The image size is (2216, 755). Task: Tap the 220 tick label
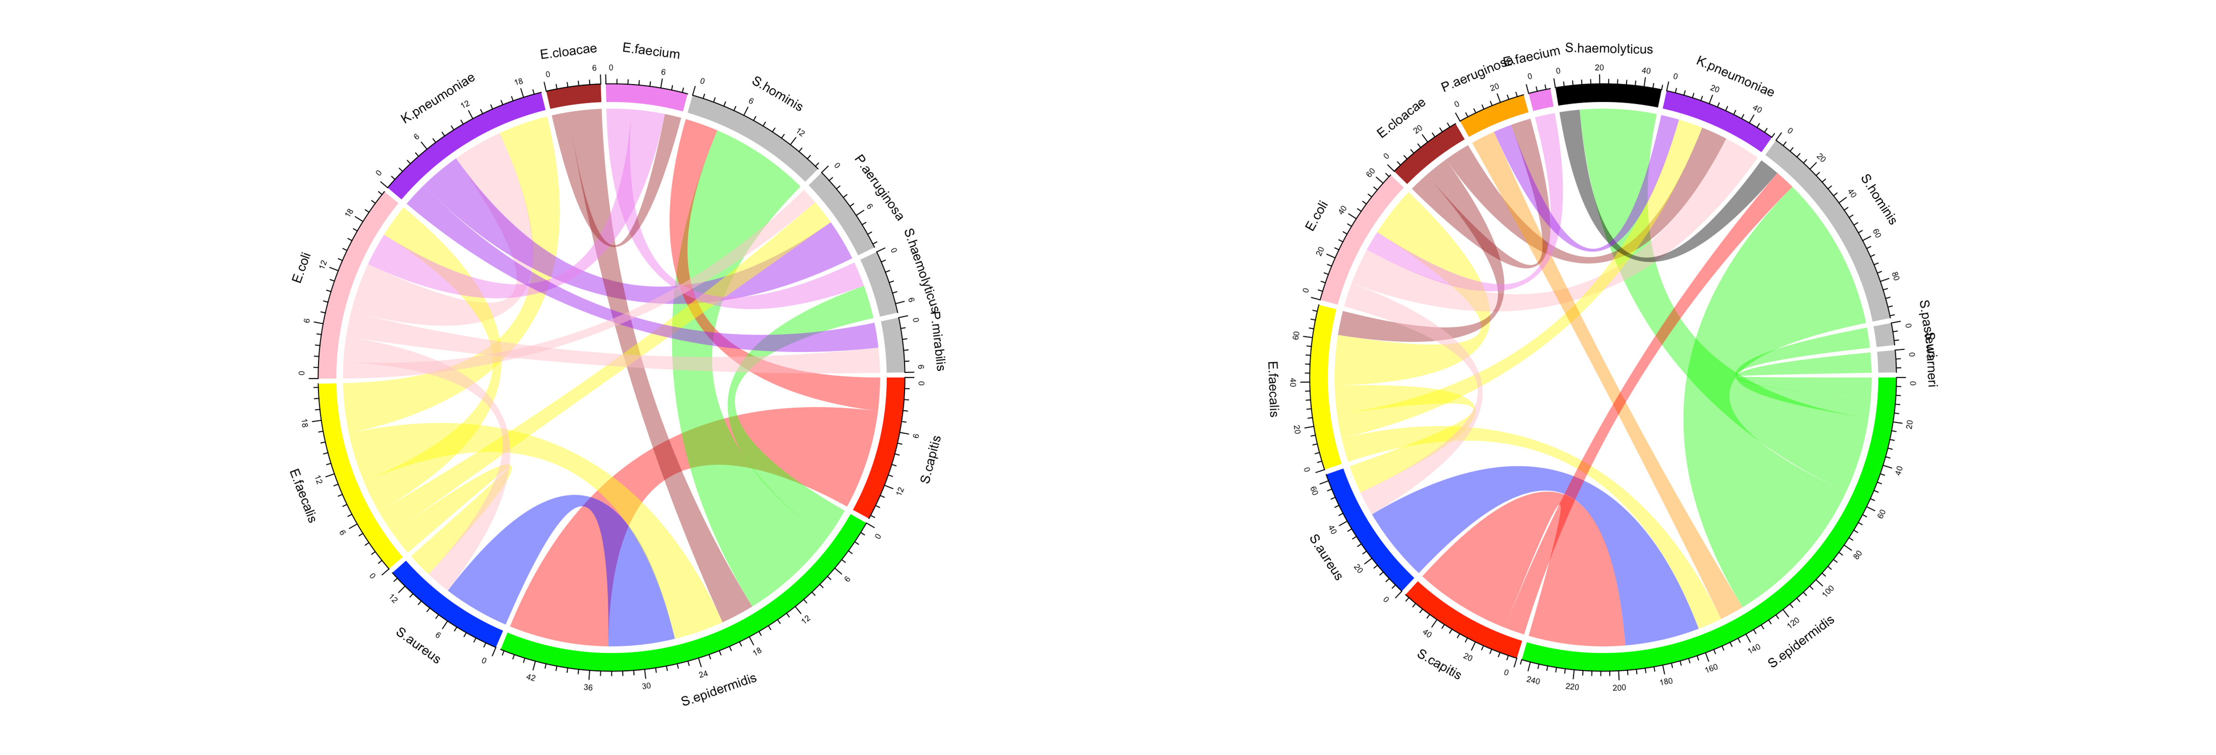click(x=1571, y=686)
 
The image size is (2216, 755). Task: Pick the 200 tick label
click(x=1619, y=688)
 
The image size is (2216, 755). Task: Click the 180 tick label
click(x=1666, y=681)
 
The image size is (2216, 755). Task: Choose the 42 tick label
click(x=531, y=678)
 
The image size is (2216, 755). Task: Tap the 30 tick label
click(x=646, y=685)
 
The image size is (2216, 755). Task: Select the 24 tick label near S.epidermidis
click(x=703, y=674)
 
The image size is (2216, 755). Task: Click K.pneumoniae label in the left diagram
click(x=437, y=98)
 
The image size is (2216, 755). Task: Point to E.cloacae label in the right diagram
click(x=1400, y=118)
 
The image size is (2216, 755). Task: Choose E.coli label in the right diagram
click(x=1316, y=216)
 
